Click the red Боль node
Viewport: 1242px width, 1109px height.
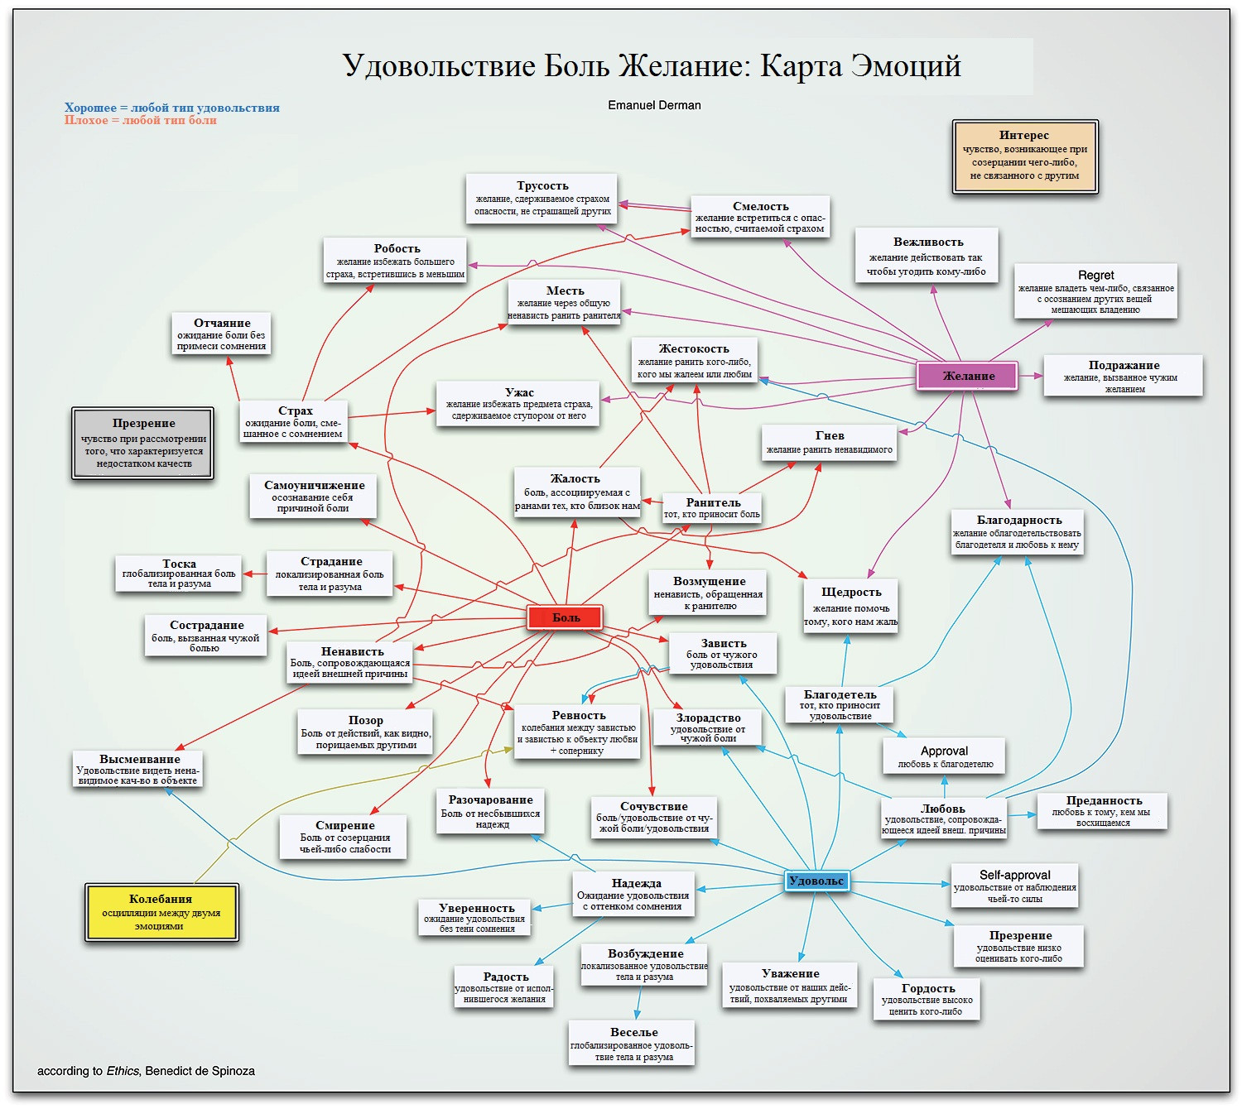(x=565, y=617)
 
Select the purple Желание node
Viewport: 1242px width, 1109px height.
(x=967, y=376)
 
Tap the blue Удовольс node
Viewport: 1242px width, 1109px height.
(x=816, y=881)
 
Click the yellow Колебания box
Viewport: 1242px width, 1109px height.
(x=161, y=911)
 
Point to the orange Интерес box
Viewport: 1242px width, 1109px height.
(x=1025, y=156)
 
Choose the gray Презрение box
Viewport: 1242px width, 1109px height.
(x=143, y=443)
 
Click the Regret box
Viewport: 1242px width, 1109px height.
(x=1095, y=290)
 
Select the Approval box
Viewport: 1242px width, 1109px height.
(x=944, y=756)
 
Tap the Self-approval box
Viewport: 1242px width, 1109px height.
(x=1014, y=886)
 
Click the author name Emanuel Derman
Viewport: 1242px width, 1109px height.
(x=654, y=105)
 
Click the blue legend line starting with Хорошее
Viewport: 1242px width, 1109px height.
(x=172, y=108)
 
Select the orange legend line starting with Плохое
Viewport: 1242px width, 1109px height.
(x=141, y=121)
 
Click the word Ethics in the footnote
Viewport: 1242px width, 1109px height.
(x=123, y=1071)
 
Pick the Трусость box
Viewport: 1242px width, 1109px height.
(x=542, y=198)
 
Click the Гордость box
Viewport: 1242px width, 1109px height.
(x=927, y=999)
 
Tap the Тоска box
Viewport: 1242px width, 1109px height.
(x=180, y=573)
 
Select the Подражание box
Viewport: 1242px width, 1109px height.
(x=1123, y=376)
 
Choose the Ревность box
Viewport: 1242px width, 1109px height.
(x=578, y=732)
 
